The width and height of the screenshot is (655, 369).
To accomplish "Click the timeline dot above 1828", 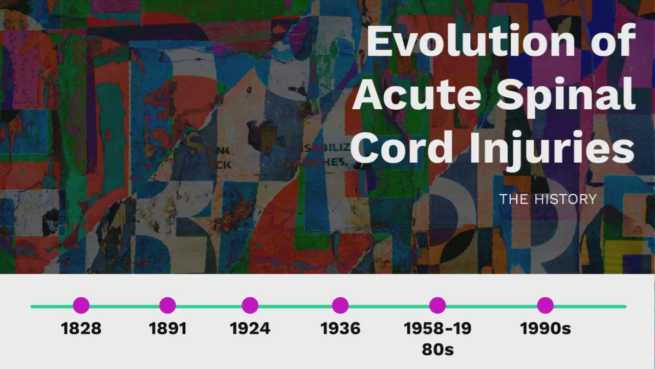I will pyautogui.click(x=81, y=305).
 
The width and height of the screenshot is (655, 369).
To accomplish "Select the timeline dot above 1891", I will pyautogui.click(x=167, y=305).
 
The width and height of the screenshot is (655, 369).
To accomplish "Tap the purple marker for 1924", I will pyautogui.click(x=250, y=305).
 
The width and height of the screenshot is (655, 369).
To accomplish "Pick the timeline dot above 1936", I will pyautogui.click(x=340, y=305).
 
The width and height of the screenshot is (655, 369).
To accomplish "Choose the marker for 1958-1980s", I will pyautogui.click(x=437, y=305).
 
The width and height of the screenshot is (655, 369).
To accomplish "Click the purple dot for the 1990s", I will pyautogui.click(x=545, y=305).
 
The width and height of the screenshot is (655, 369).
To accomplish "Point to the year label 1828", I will pyautogui.click(x=81, y=329).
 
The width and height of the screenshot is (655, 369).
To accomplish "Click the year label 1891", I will pyautogui.click(x=167, y=329).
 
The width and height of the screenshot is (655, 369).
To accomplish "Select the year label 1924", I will pyautogui.click(x=250, y=329).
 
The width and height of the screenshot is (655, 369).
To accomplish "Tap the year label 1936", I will pyautogui.click(x=340, y=329).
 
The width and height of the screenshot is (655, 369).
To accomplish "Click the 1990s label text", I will pyautogui.click(x=545, y=329).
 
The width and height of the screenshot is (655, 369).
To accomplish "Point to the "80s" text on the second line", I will pyautogui.click(x=438, y=350).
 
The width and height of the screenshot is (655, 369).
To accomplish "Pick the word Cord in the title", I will pyautogui.click(x=402, y=148).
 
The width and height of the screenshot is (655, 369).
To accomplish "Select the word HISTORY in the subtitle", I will pyautogui.click(x=565, y=199).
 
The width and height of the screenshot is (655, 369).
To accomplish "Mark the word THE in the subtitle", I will pyautogui.click(x=514, y=199).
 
